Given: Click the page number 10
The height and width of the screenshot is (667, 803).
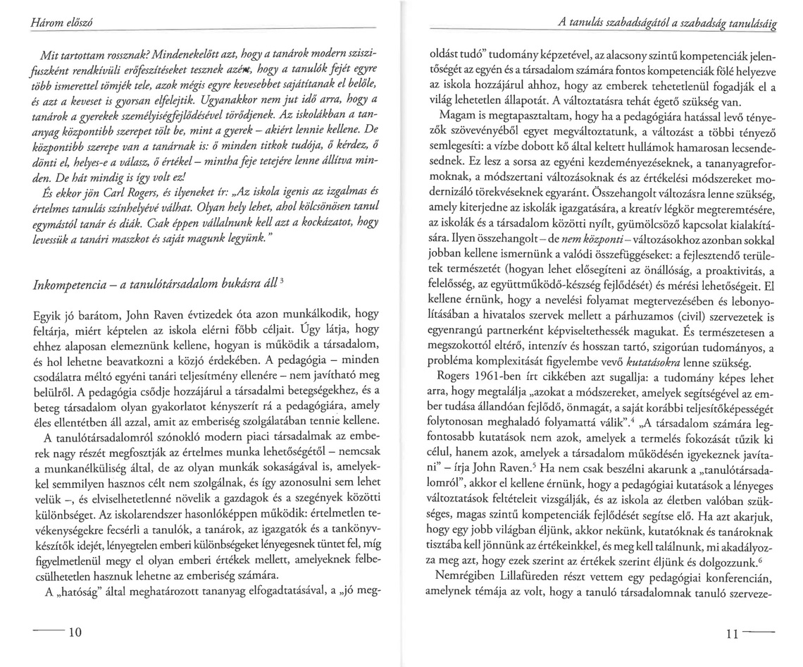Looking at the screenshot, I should coord(72,631).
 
